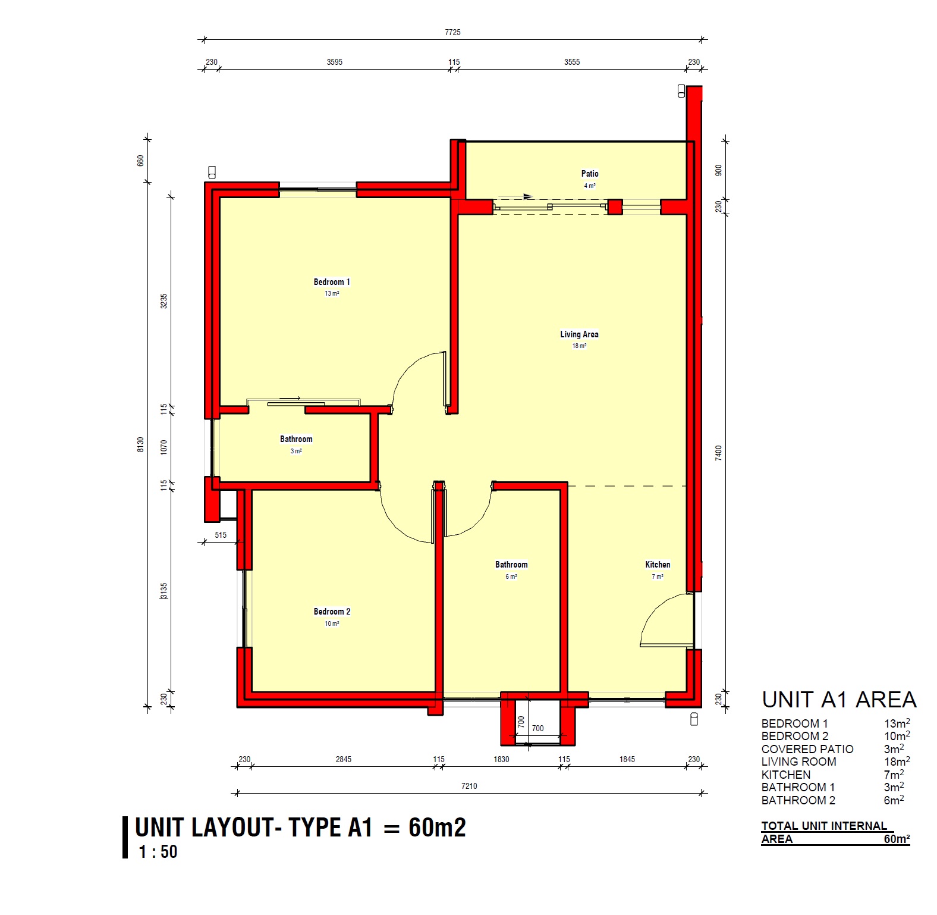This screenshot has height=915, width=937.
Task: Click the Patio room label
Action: click(x=590, y=174)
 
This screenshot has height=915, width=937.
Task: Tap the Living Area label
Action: click(x=579, y=334)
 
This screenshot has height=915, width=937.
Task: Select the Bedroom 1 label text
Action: click(x=332, y=282)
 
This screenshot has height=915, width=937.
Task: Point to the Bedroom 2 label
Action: click(x=332, y=612)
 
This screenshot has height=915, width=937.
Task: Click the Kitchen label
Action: click(x=658, y=565)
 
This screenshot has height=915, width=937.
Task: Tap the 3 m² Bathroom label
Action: click(x=296, y=439)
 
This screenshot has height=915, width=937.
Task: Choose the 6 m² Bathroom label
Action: click(x=511, y=565)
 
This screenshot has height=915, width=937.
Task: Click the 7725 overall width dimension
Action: click(x=452, y=32)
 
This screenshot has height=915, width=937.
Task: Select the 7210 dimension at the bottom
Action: click(x=469, y=786)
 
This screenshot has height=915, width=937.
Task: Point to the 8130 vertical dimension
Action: click(x=140, y=444)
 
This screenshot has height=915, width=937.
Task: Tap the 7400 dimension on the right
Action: click(x=718, y=453)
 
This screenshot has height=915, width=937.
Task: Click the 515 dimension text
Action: click(x=221, y=535)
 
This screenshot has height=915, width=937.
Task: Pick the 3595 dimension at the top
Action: click(x=334, y=62)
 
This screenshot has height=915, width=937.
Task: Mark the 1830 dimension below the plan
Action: click(x=501, y=759)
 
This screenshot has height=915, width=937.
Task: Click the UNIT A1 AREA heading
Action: click(x=839, y=700)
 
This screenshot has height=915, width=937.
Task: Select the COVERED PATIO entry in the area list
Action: click(x=807, y=749)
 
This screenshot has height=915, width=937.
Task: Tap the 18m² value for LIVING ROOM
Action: click(x=897, y=761)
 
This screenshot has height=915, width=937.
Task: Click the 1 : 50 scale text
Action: click(x=158, y=852)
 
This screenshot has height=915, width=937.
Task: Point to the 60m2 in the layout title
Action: click(x=437, y=828)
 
